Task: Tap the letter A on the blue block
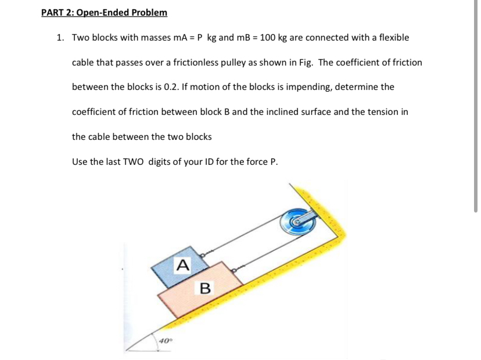[183, 265]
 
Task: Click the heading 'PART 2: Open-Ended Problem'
[105, 12]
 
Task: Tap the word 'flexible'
[393, 37]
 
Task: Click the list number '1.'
[60, 37]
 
